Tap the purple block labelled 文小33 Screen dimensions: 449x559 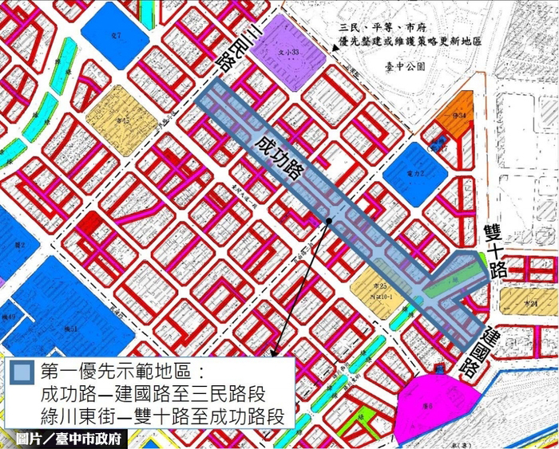(287, 53)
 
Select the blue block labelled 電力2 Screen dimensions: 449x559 (414, 172)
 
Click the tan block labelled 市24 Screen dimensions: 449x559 (528, 302)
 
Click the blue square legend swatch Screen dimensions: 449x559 (23, 373)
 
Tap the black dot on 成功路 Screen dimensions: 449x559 (328, 221)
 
